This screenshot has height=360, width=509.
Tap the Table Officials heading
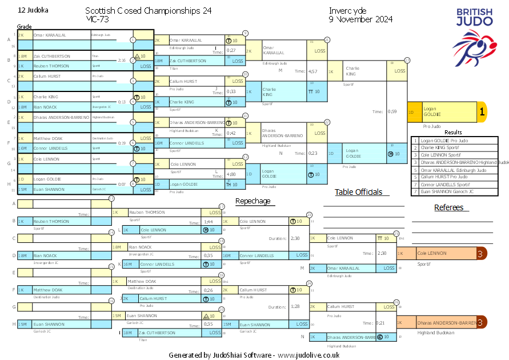[x=358, y=192]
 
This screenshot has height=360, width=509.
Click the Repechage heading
[x=253, y=201]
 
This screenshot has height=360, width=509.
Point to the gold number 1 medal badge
[x=482, y=113]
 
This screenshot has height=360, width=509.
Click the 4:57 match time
[x=312, y=71]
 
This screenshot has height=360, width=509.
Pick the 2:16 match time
[x=122, y=60]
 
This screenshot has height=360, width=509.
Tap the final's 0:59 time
[x=392, y=111]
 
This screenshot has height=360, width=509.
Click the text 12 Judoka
[x=33, y=10]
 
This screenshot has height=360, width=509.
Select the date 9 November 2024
[x=360, y=19]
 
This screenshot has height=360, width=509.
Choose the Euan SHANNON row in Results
[x=448, y=191]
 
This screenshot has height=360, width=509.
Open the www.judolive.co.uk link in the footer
[x=308, y=355]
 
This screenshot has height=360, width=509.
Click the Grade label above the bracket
[x=25, y=27]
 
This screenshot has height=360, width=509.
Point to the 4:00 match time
[x=231, y=174]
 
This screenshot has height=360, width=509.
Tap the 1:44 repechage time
[x=209, y=221]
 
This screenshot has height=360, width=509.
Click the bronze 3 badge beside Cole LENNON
[x=482, y=253]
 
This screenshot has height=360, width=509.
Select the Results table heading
[x=453, y=132]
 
